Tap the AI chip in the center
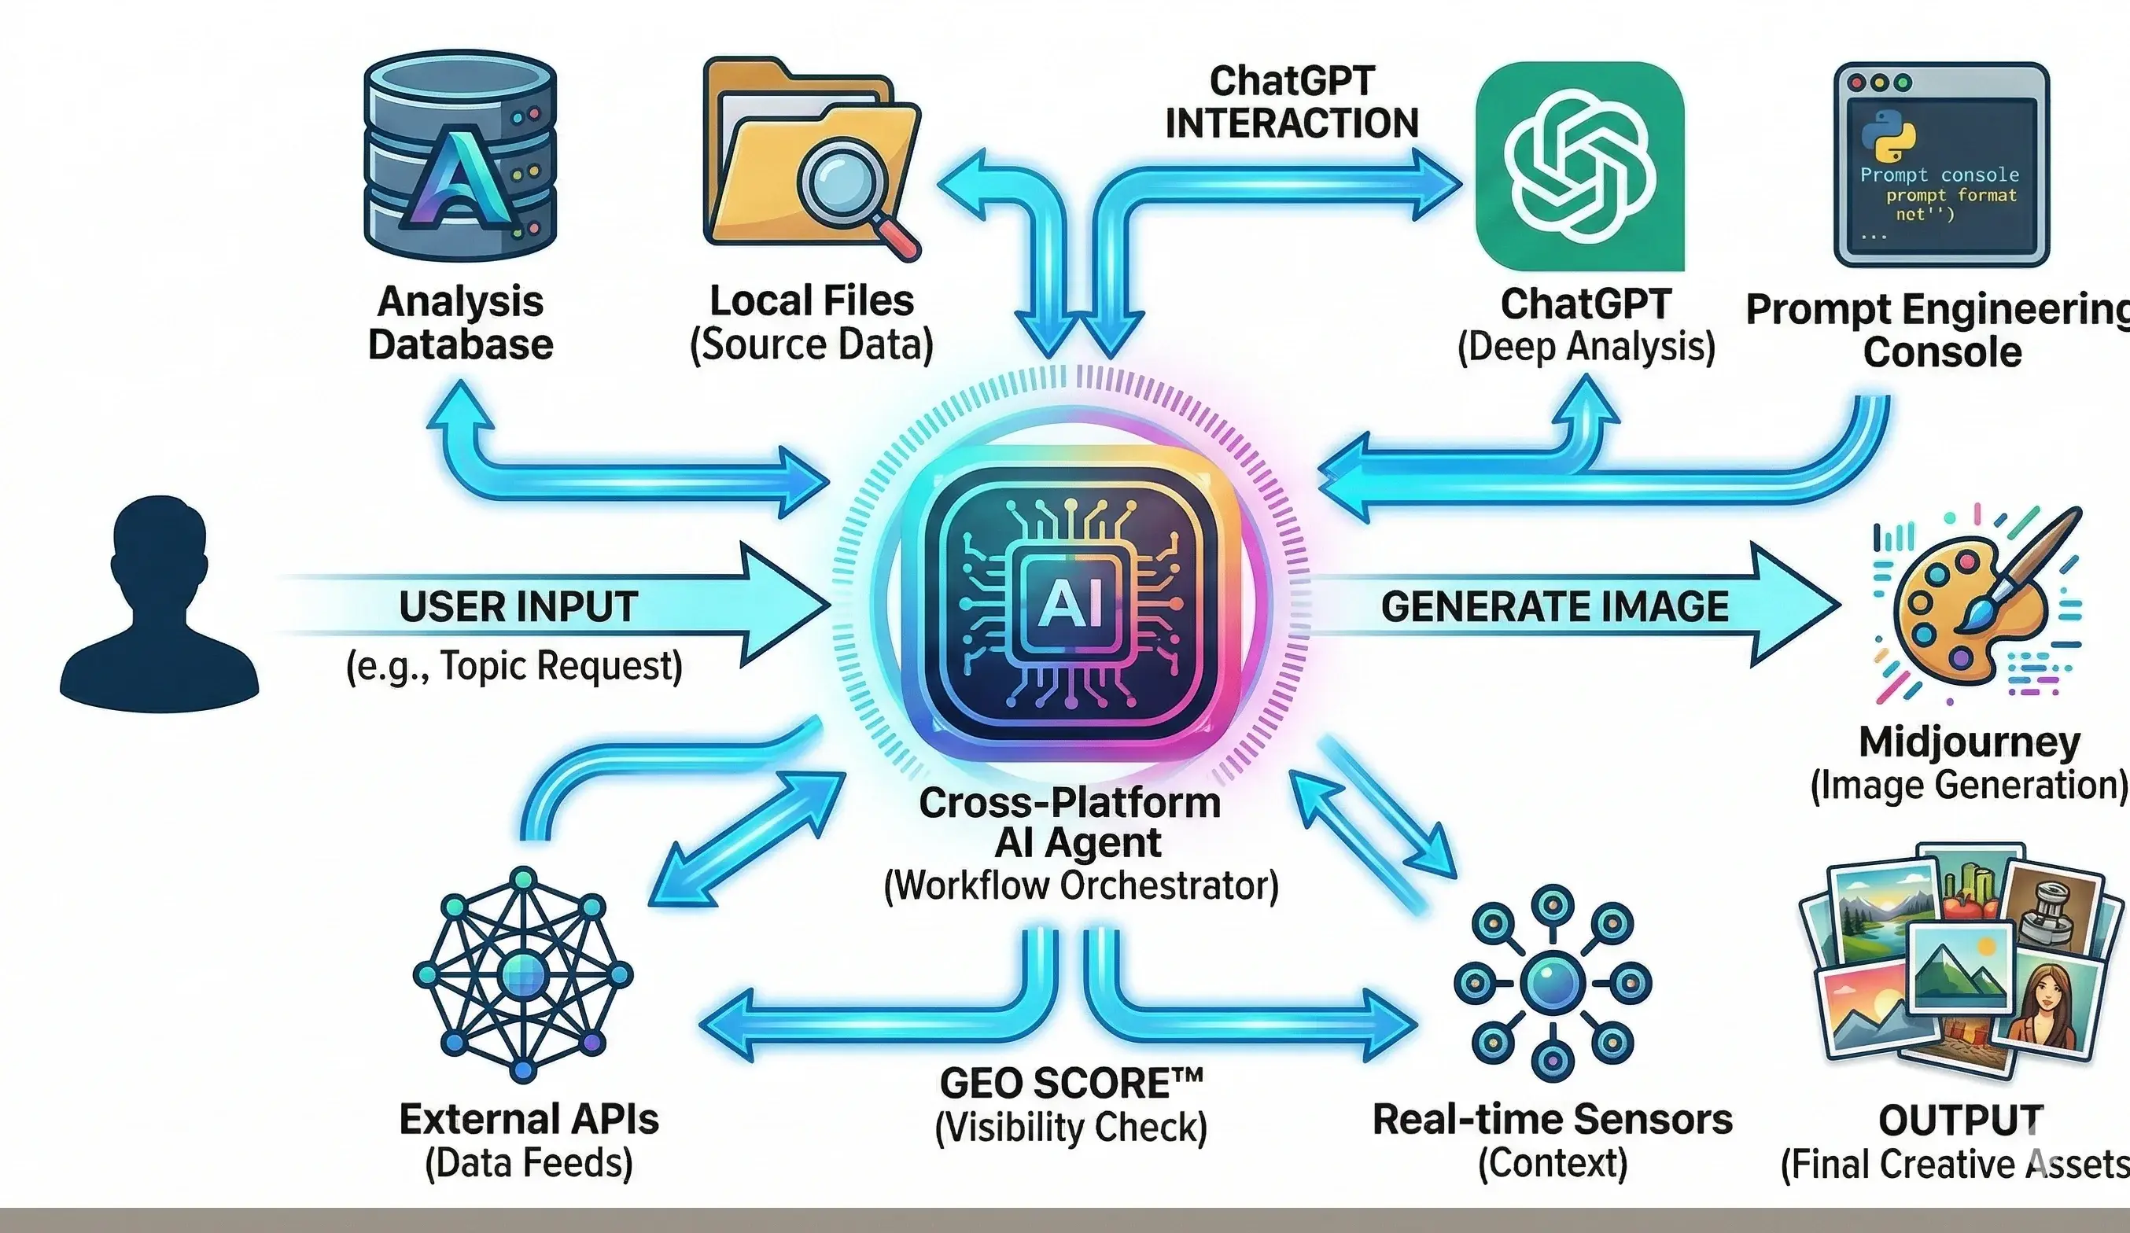pyautogui.click(x=1072, y=604)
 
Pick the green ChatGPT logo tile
pyautogui.click(x=1579, y=166)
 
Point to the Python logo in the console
pyautogui.click(x=1889, y=135)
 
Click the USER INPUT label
pyautogui.click(x=518, y=607)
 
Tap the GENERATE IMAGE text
pyautogui.click(x=1554, y=607)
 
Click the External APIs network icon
pyautogui.click(x=522, y=974)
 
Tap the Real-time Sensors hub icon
pyautogui.click(x=1553, y=983)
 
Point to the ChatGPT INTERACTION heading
pyautogui.click(x=1292, y=102)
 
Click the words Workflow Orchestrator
pyautogui.click(x=1080, y=886)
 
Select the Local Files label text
pyautogui.click(x=812, y=301)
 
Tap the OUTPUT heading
pyautogui.click(x=1960, y=1121)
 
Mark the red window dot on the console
pyautogui.click(x=1857, y=83)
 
